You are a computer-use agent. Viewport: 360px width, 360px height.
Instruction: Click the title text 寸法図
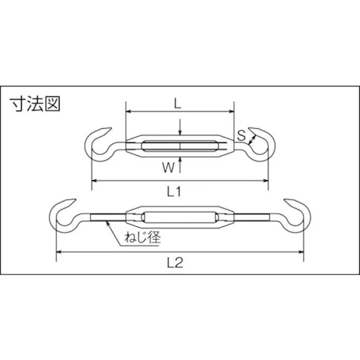point(35,104)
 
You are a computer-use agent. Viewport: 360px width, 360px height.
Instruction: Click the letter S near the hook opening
point(241,135)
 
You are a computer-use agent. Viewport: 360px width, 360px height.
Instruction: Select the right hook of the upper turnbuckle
point(261,143)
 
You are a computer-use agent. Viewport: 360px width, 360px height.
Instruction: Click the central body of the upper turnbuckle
point(180,146)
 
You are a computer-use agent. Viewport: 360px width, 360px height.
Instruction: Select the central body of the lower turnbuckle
point(180,218)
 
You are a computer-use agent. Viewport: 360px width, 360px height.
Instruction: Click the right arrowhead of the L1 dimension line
point(266,180)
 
